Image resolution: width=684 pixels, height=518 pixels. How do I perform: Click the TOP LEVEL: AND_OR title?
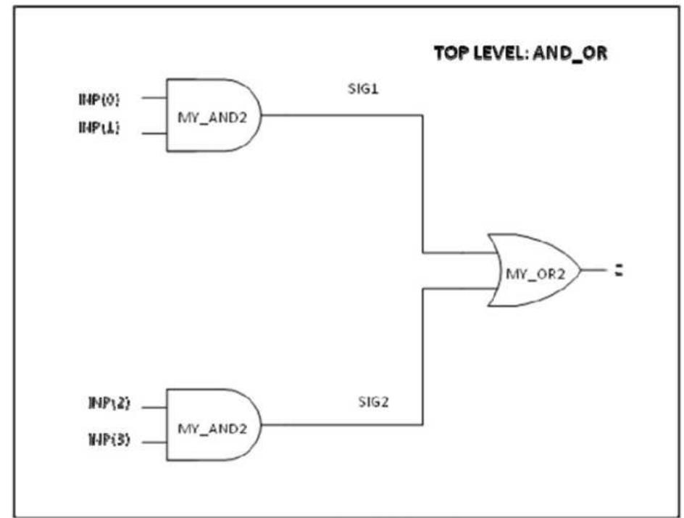(x=520, y=54)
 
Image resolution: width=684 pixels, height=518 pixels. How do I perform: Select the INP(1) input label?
(x=99, y=128)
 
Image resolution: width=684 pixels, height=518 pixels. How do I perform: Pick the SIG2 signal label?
(x=372, y=402)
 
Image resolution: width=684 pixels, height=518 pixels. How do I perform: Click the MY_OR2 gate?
(x=535, y=271)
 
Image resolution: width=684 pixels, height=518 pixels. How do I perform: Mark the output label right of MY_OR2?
(x=619, y=271)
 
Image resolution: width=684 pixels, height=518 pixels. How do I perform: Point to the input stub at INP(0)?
(x=154, y=97)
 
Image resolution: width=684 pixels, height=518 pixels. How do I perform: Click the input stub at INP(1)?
(x=154, y=133)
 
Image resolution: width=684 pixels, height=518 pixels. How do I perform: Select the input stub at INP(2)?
(x=154, y=408)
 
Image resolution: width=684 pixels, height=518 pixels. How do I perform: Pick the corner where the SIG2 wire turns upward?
(x=422, y=425)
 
